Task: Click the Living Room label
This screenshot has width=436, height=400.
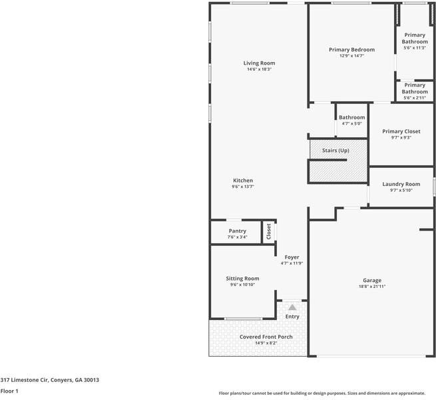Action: tap(259, 63)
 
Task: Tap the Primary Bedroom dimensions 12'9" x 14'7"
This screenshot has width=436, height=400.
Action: tap(351, 56)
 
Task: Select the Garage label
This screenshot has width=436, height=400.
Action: tap(372, 281)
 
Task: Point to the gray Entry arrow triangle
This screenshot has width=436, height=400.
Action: tap(292, 307)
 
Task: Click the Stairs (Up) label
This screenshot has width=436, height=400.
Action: tap(335, 151)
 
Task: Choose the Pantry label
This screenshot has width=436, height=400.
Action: tap(238, 231)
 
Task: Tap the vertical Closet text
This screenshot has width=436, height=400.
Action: tap(269, 231)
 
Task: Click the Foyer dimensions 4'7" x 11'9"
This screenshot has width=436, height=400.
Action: tap(292, 263)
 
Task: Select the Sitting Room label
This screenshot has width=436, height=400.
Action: tap(242, 279)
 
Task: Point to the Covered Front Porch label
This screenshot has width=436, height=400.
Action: tap(266, 337)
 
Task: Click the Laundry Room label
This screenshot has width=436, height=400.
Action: tap(401, 184)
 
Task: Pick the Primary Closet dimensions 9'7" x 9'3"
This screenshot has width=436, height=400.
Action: tap(401, 137)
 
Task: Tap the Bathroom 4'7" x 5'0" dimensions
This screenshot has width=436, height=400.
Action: tap(352, 123)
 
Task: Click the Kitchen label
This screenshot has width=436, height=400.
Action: tap(243, 181)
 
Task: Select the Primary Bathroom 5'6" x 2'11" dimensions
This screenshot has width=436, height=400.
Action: tap(415, 98)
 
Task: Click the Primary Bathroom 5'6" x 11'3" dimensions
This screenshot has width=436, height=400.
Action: tap(415, 47)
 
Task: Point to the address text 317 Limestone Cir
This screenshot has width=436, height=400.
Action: tap(25, 380)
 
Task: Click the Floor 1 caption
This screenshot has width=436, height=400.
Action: tap(9, 391)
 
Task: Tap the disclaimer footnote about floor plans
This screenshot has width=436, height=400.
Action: tap(322, 393)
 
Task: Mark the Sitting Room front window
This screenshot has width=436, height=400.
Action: tap(244, 319)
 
